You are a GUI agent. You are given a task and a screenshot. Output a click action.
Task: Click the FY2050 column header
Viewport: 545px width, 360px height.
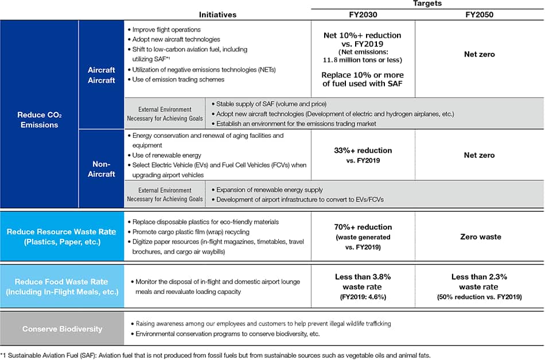[478, 14]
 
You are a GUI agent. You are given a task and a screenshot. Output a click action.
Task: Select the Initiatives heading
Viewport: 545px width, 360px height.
[217, 14]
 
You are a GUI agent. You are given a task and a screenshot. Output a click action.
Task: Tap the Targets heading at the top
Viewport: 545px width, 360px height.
[427, 3]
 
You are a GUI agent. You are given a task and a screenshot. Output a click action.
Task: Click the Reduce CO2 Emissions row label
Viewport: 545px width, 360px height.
[39, 119]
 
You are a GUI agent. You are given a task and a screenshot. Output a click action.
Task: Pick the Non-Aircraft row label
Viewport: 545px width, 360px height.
[102, 169]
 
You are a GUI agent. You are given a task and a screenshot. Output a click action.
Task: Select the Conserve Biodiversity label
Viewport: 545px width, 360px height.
[63, 329]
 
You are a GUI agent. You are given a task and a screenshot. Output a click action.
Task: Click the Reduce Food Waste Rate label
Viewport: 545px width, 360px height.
[63, 287]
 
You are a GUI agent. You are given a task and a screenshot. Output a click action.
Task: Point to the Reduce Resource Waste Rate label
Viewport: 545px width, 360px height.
[63, 237]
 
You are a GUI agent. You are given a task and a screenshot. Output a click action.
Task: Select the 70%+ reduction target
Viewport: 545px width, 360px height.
[362, 236]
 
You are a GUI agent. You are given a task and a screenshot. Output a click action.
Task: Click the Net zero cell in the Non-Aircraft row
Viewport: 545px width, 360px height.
[479, 155]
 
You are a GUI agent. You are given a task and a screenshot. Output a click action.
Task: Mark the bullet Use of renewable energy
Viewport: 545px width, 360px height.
[168, 155]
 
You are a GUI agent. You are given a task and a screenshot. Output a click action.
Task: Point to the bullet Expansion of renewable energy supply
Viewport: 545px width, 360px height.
[269, 189]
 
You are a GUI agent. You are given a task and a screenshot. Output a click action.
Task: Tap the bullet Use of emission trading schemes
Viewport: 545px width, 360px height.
[178, 79]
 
